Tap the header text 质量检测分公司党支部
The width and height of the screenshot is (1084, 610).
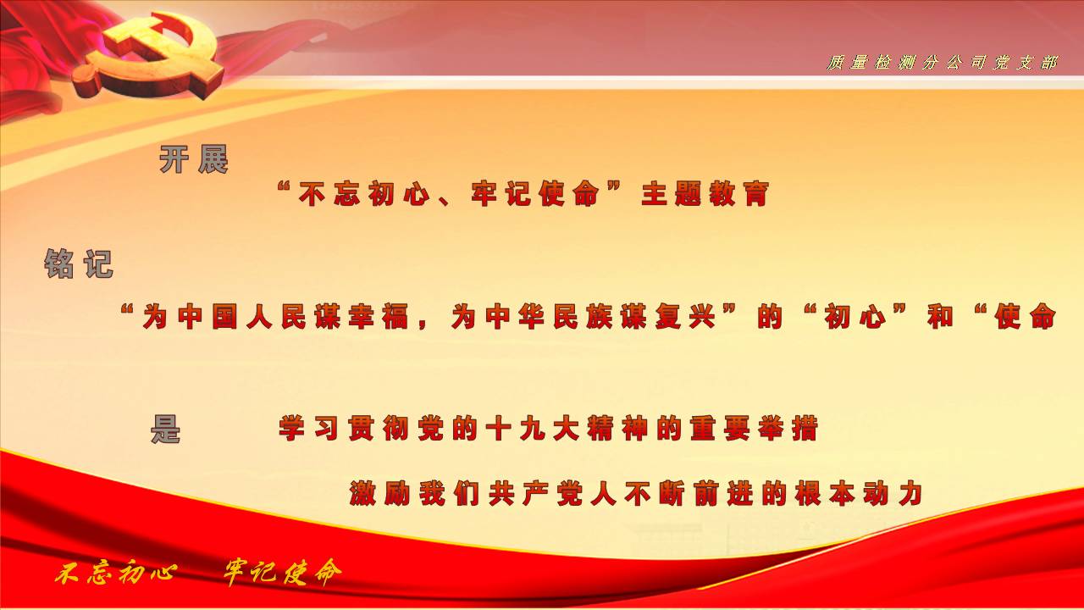pos(942,63)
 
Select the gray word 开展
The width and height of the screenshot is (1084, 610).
pos(194,159)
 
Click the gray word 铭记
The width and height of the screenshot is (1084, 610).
pos(79,264)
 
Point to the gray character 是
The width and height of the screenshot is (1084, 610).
pos(165,429)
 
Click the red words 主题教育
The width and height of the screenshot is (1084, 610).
pos(705,194)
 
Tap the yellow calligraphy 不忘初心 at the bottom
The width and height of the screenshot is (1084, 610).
pos(115,574)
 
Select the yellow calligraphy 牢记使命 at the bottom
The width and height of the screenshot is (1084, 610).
pos(283,573)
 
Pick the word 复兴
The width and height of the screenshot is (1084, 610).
pos(686,317)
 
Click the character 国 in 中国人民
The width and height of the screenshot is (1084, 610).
pos(224,317)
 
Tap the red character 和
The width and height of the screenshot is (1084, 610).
pos(940,317)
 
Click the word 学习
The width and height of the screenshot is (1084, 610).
pos(309,429)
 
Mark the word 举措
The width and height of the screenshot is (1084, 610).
pos(788,429)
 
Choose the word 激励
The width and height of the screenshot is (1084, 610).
pos(380,494)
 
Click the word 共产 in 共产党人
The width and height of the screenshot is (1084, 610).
pos(519,494)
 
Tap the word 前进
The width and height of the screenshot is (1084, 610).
pos(723,494)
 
